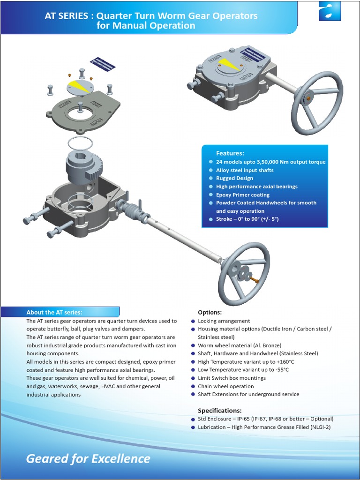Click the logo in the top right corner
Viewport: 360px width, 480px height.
tap(330, 11)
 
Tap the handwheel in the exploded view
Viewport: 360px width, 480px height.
tap(243, 274)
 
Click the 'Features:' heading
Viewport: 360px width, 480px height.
tap(230, 153)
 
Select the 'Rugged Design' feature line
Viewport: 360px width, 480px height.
tap(234, 178)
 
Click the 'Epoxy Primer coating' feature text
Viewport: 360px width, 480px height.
tap(242, 195)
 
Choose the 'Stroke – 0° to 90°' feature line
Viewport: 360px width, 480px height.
tap(247, 219)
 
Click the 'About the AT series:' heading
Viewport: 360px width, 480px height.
tap(54, 312)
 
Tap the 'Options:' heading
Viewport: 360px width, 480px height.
tap(210, 312)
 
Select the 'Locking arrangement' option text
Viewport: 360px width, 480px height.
tap(224, 321)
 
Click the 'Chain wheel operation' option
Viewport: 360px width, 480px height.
tap(225, 386)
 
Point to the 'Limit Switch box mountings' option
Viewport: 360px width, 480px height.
tap(232, 378)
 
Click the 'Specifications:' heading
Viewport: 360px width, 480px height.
tap(219, 410)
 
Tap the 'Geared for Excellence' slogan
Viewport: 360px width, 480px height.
tap(88, 458)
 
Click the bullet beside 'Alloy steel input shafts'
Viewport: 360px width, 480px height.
tap(211, 170)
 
